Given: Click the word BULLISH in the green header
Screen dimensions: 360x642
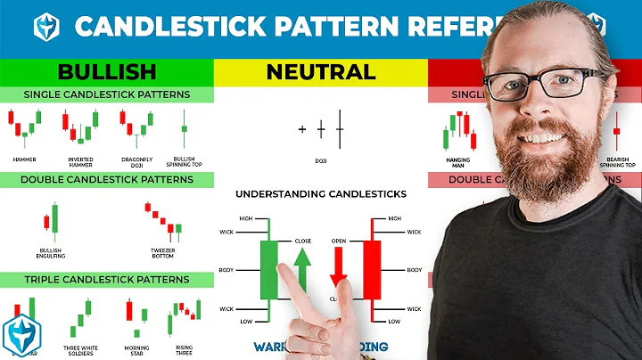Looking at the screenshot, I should (x=106, y=71).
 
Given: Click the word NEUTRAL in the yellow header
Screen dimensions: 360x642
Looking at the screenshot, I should (x=320, y=71).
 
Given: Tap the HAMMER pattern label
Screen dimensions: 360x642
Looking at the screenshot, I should (x=24, y=160).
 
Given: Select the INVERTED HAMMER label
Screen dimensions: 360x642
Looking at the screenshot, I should (x=80, y=161).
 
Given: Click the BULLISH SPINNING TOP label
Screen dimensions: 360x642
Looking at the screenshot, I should (x=184, y=161).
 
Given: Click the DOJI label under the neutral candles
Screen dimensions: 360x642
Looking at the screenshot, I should (x=319, y=161).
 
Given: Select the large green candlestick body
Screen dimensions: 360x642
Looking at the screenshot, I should (x=269, y=269).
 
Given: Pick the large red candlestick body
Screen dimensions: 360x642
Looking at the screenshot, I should (x=371, y=269).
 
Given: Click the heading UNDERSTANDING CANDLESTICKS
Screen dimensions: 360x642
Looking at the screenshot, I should (x=320, y=193).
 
